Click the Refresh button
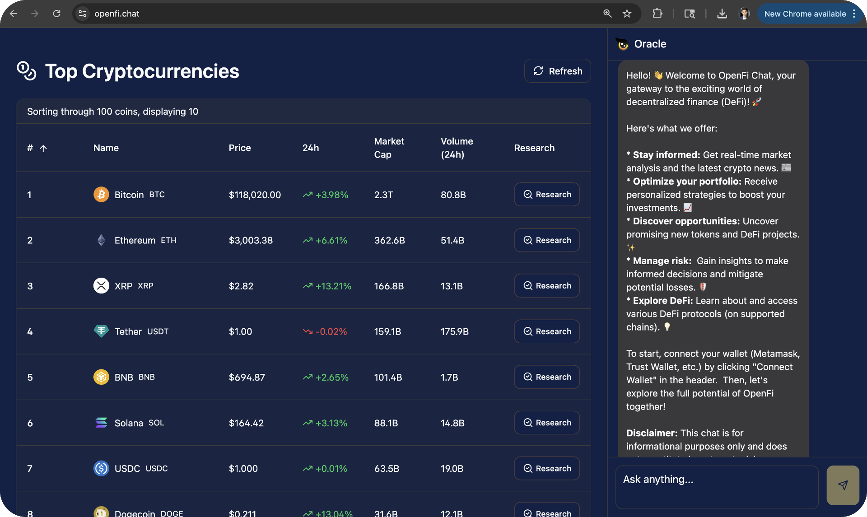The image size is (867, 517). (x=558, y=71)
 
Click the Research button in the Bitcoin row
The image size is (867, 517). (x=547, y=195)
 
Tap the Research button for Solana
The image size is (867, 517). (x=547, y=423)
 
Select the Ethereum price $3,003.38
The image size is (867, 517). (x=251, y=240)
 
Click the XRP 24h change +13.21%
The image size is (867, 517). (x=333, y=286)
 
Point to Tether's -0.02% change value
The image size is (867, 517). (x=331, y=331)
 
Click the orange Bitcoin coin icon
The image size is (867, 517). (x=101, y=195)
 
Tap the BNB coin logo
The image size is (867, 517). (x=101, y=377)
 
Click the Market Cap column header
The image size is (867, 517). (x=389, y=148)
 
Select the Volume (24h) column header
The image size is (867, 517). (x=457, y=148)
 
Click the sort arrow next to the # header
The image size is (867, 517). (x=43, y=148)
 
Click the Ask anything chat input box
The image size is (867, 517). (x=717, y=487)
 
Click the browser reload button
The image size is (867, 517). (x=56, y=14)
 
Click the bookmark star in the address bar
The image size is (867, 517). (x=627, y=14)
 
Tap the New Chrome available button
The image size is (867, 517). (x=805, y=14)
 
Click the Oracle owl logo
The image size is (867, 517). (x=623, y=44)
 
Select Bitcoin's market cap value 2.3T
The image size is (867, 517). (x=383, y=195)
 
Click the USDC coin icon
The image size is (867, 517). (x=101, y=468)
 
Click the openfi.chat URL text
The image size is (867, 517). (x=117, y=14)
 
